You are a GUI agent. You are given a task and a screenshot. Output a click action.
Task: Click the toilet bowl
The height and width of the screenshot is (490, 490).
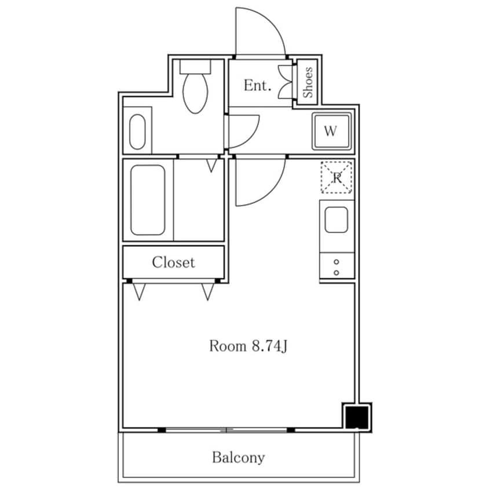tap(195, 93)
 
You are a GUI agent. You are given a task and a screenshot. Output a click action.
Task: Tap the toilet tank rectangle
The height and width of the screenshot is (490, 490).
tap(195, 67)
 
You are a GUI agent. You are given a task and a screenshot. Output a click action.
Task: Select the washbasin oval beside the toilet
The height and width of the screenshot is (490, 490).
tap(137, 131)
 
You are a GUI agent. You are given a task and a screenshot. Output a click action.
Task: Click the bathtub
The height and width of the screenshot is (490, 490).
tap(148, 200)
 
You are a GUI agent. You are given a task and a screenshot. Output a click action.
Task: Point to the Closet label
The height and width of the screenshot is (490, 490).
tap(173, 262)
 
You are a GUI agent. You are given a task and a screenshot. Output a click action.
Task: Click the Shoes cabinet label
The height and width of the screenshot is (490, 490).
tap(308, 82)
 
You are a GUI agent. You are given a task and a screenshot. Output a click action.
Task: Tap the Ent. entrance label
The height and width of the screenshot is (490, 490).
tap(257, 85)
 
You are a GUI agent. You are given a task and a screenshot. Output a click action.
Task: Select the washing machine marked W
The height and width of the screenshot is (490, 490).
tap(331, 131)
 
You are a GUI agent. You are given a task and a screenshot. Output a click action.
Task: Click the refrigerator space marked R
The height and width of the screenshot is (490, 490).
tap(337, 177)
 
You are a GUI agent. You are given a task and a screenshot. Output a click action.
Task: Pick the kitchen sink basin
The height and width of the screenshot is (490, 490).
tap(337, 220)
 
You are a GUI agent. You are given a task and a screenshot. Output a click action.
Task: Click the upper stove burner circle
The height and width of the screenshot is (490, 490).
tap(337, 262)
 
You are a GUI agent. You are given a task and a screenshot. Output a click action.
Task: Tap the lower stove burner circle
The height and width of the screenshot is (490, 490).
tap(337, 273)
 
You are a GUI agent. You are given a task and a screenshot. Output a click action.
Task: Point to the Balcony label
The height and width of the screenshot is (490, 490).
tap(239, 458)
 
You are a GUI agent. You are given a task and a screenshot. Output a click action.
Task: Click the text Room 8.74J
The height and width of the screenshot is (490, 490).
tap(248, 346)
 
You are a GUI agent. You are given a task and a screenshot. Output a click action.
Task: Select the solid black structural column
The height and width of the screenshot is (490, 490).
tap(357, 417)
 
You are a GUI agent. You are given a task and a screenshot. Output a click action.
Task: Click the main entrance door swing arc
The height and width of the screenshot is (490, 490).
tap(271, 22)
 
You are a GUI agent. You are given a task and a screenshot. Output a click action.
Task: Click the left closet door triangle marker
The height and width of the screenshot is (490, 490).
tap(140, 292)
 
